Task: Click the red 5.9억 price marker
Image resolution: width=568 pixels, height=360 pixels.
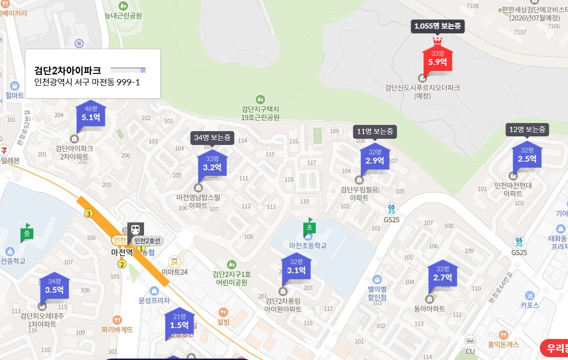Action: (x=437, y=59)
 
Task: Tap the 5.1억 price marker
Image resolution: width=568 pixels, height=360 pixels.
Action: (x=91, y=114)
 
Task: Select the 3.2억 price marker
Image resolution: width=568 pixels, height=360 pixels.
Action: (x=212, y=165)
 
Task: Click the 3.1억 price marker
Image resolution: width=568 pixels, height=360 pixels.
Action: (x=296, y=267)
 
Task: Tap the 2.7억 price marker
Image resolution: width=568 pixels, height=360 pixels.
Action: (x=443, y=274)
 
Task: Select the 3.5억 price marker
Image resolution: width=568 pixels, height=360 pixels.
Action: (x=54, y=287)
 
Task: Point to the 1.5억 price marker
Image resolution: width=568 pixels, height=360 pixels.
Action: (x=179, y=322)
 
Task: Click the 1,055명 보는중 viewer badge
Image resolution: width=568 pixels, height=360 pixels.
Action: (x=437, y=26)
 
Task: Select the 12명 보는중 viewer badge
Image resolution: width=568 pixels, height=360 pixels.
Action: (x=527, y=129)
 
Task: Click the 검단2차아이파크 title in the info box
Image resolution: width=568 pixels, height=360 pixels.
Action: (x=68, y=70)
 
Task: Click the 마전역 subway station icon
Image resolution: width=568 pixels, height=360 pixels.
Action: (x=136, y=229)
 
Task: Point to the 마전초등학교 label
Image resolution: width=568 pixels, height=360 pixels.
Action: (x=308, y=246)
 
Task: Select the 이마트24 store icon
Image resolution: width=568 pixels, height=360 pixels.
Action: (x=175, y=261)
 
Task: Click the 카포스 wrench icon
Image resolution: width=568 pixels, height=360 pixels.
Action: (x=529, y=295)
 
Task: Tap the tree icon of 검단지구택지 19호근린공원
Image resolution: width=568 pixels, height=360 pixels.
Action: (x=260, y=100)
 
